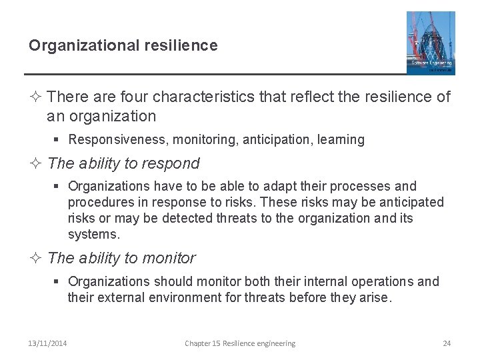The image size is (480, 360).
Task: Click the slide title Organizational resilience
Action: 123,45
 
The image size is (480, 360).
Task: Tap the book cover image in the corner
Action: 431,42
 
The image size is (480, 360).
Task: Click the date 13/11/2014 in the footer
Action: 47,343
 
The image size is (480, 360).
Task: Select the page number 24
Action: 447,343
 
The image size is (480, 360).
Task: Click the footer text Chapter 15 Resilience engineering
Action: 240,343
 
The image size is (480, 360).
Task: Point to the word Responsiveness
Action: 111,140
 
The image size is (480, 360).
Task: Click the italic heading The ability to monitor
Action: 122,258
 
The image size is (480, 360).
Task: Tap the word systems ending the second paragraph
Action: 92,234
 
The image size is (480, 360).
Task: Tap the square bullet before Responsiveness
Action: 58,140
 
